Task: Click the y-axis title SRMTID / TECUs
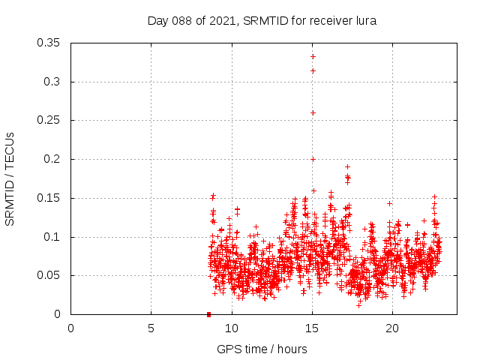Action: pyautogui.click(x=10, y=178)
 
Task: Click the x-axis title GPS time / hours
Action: pyautogui.click(x=262, y=349)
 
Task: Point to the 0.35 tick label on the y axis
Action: pyautogui.click(x=49, y=43)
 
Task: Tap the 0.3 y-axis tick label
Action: pyautogui.click(x=52, y=82)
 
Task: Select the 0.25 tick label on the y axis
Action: pyautogui.click(x=49, y=120)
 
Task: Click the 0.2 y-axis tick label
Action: pyautogui.click(x=52, y=159)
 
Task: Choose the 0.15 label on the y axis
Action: pyautogui.click(x=49, y=198)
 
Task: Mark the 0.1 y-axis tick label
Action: pyautogui.click(x=52, y=237)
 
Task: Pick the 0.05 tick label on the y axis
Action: pyautogui.click(x=49, y=275)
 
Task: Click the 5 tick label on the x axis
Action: pyautogui.click(x=151, y=328)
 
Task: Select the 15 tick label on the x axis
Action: pyautogui.click(x=312, y=328)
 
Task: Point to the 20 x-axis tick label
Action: pyautogui.click(x=392, y=328)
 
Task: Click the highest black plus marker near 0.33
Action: pyautogui.click(x=313, y=56)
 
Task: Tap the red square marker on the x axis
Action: pyautogui.click(x=208, y=313)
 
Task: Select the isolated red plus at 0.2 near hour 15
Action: pyautogui.click(x=313, y=159)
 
